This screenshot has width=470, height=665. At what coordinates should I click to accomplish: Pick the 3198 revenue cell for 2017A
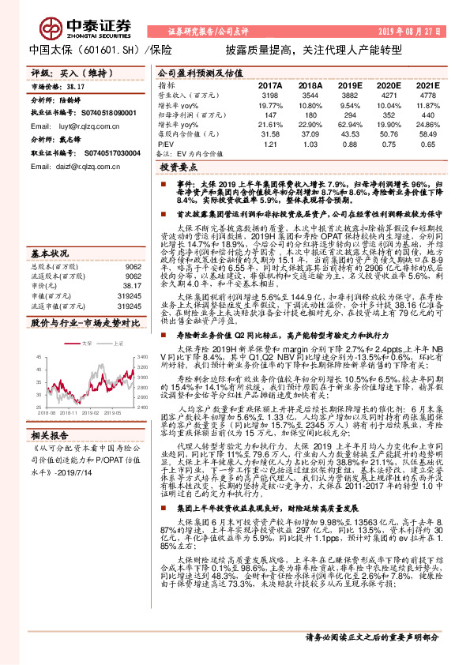269,95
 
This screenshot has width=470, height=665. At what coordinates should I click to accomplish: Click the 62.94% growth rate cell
348,124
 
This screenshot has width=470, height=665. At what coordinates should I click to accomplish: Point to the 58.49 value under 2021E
427,134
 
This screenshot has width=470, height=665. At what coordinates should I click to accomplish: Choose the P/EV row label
165,145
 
